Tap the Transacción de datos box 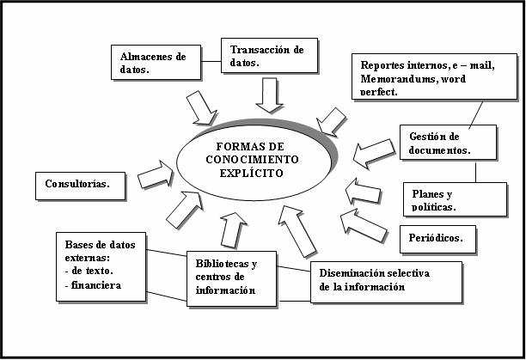(269, 57)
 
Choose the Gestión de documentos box (448, 143)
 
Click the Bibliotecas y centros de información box (232, 278)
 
